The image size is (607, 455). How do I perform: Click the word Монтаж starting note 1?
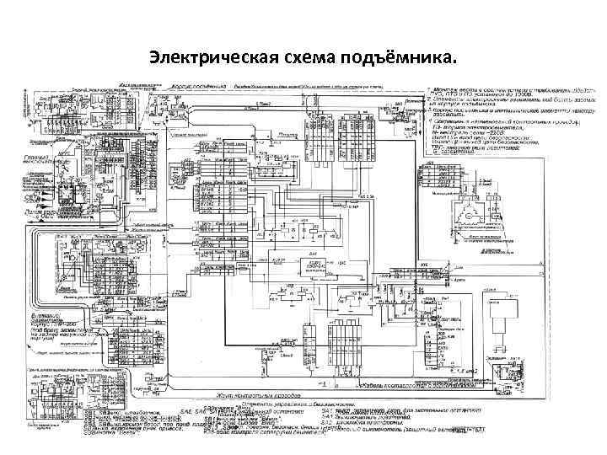[x=445, y=88]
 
